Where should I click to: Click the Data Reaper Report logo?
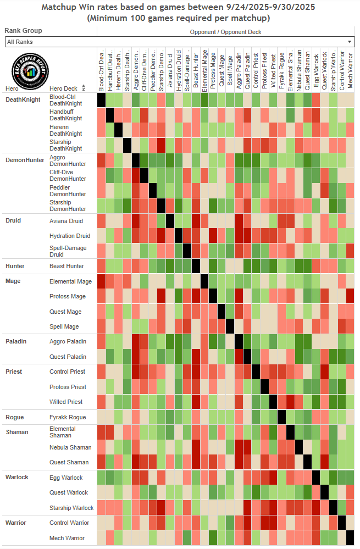[x=27, y=70]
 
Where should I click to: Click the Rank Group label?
[x=24, y=31]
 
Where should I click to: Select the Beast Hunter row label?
[x=67, y=266]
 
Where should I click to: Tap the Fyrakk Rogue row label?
[x=67, y=417]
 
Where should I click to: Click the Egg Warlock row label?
[x=66, y=478]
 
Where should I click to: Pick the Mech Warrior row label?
[x=67, y=538]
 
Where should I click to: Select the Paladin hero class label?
[x=16, y=341]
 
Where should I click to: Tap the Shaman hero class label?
[x=17, y=432]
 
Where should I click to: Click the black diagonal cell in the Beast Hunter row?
[x=196, y=266]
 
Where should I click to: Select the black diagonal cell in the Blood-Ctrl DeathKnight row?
[x=102, y=100]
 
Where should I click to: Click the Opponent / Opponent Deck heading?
[x=225, y=32]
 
